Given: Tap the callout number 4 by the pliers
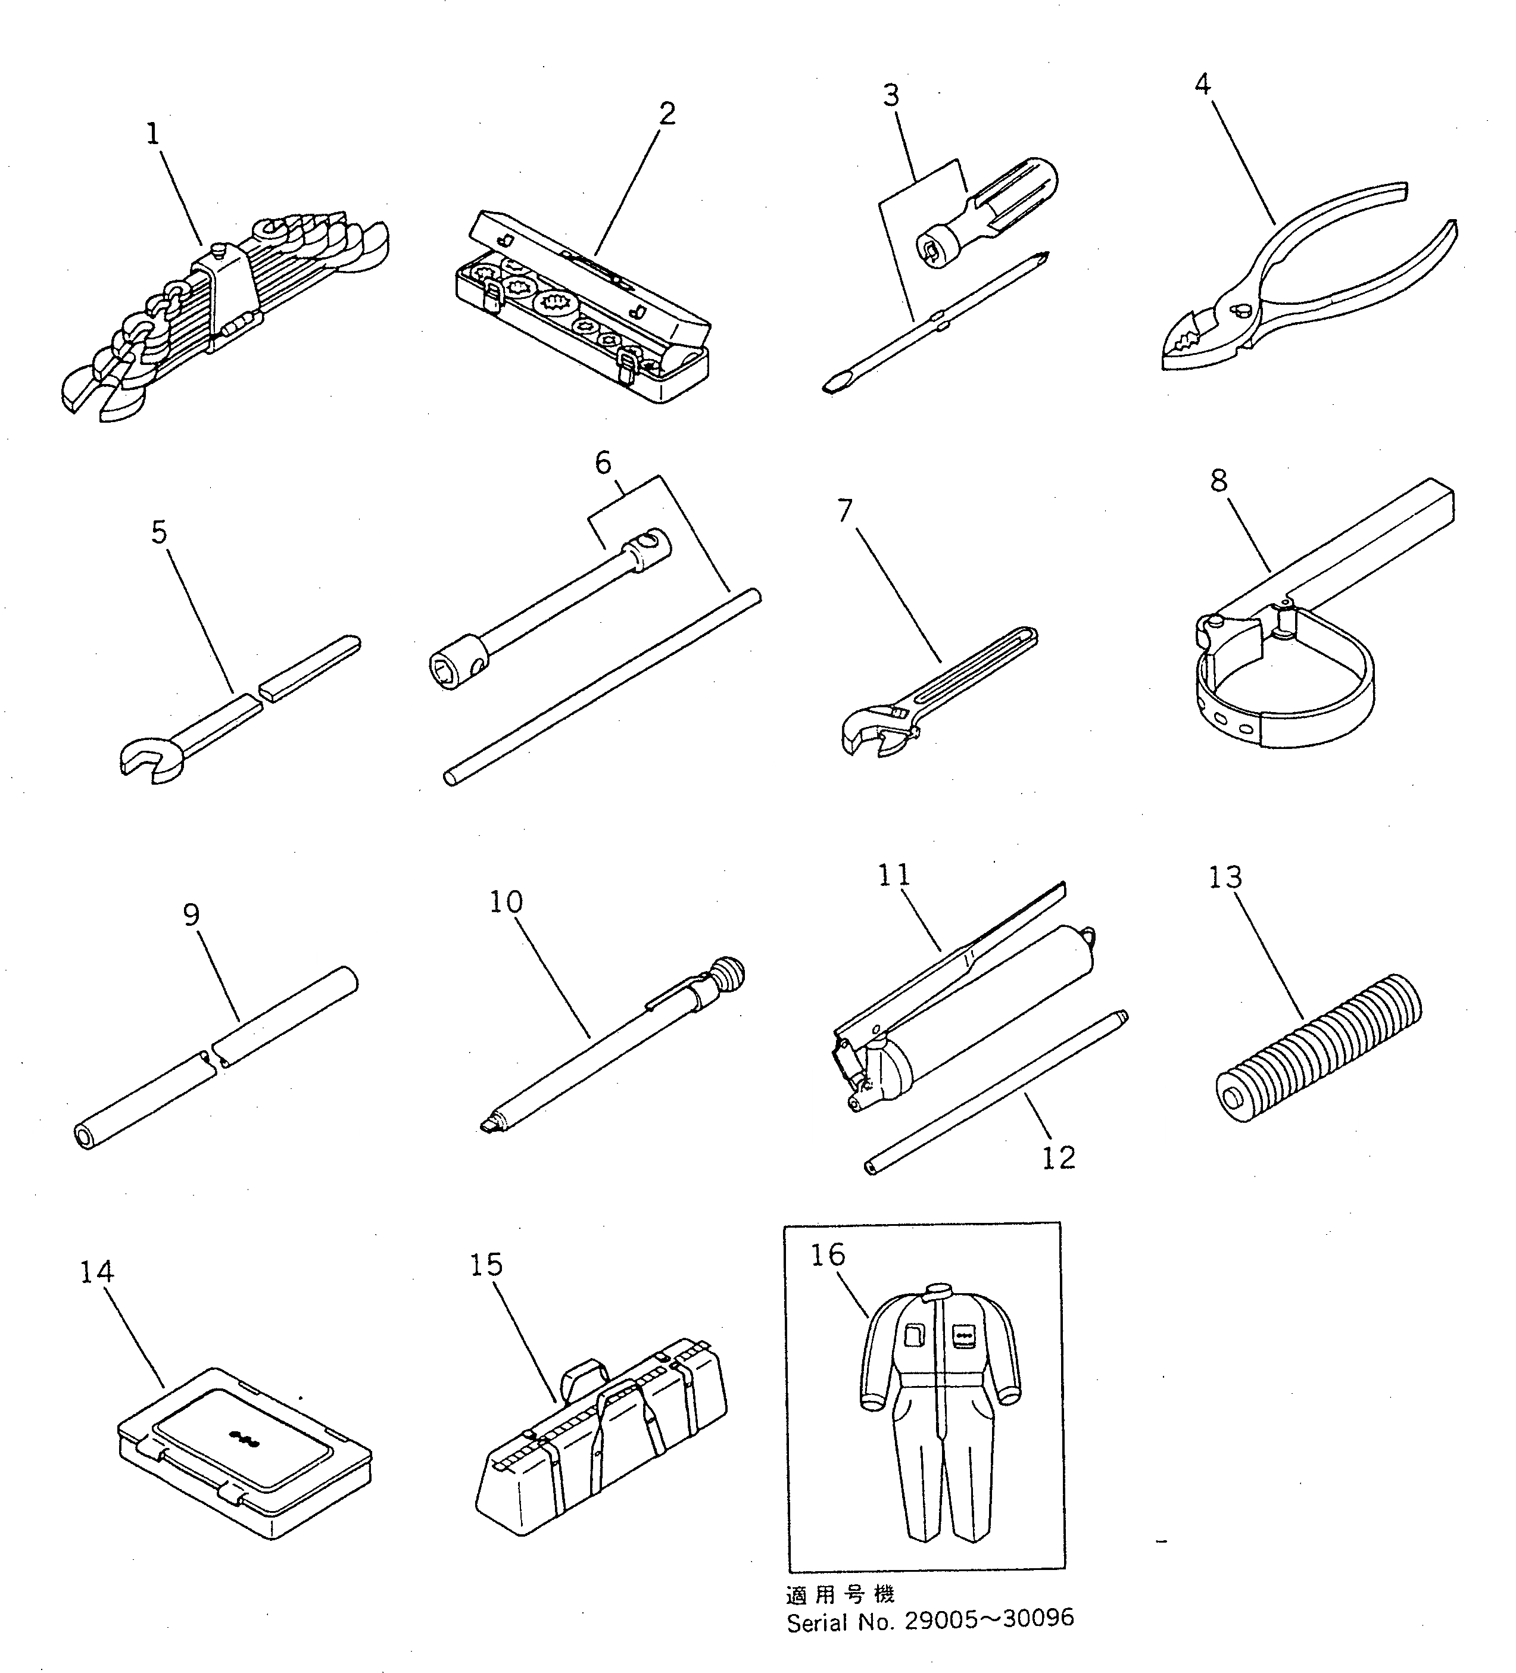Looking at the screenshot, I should pos(1202,84).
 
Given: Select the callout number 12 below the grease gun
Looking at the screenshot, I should pos(1058,1157).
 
